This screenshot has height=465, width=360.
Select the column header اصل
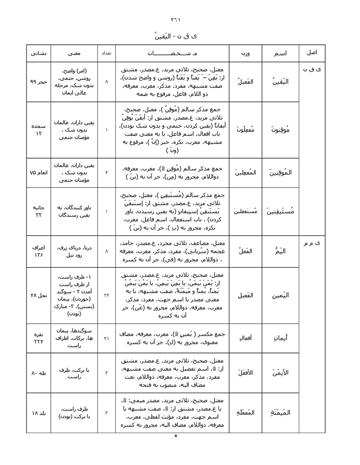coord(312,53)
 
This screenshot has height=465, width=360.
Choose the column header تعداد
coord(106,53)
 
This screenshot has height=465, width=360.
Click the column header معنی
coord(72,53)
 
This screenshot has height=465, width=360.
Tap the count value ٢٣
coord(106,295)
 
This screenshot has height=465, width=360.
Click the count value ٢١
coord(106,339)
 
